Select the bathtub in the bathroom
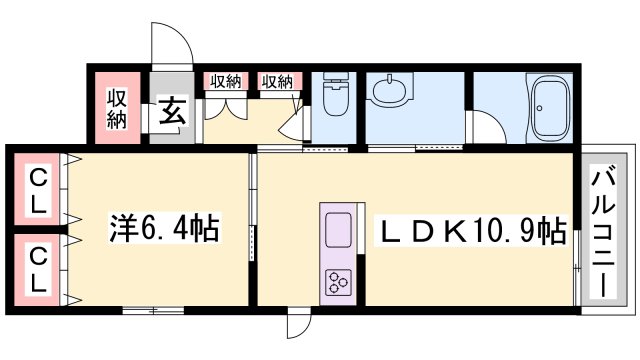(x=550, y=108)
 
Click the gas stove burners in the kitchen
(x=337, y=283)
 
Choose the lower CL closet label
(x=36, y=270)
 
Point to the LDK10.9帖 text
(x=469, y=232)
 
